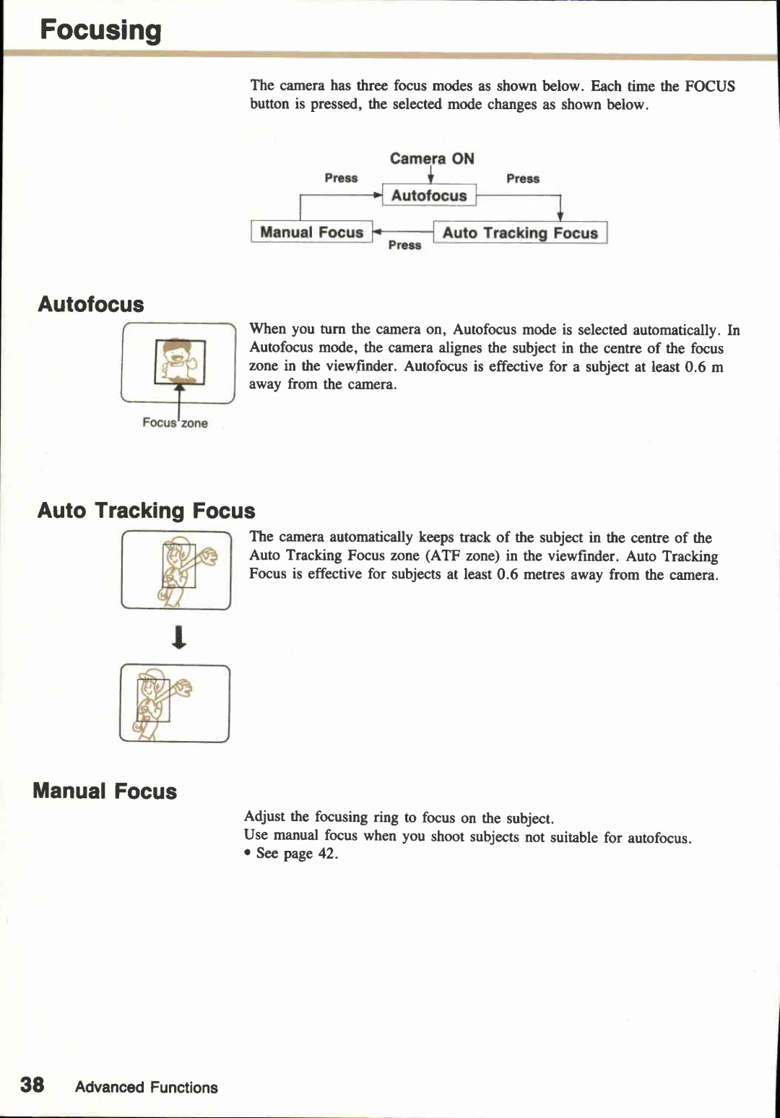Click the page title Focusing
100,30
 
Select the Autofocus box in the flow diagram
429,196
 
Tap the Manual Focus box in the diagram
311,233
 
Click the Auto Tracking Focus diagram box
520,233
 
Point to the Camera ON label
432,158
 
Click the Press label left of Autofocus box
341,178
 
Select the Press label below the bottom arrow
404,246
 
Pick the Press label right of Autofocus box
523,178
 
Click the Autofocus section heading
91,304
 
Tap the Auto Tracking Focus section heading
146,511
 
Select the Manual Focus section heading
105,791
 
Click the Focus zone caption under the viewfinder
175,423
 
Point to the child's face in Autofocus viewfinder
176,355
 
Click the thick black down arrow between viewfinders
179,637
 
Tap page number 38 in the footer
32,1085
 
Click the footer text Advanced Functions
146,1088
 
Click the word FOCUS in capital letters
709,87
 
